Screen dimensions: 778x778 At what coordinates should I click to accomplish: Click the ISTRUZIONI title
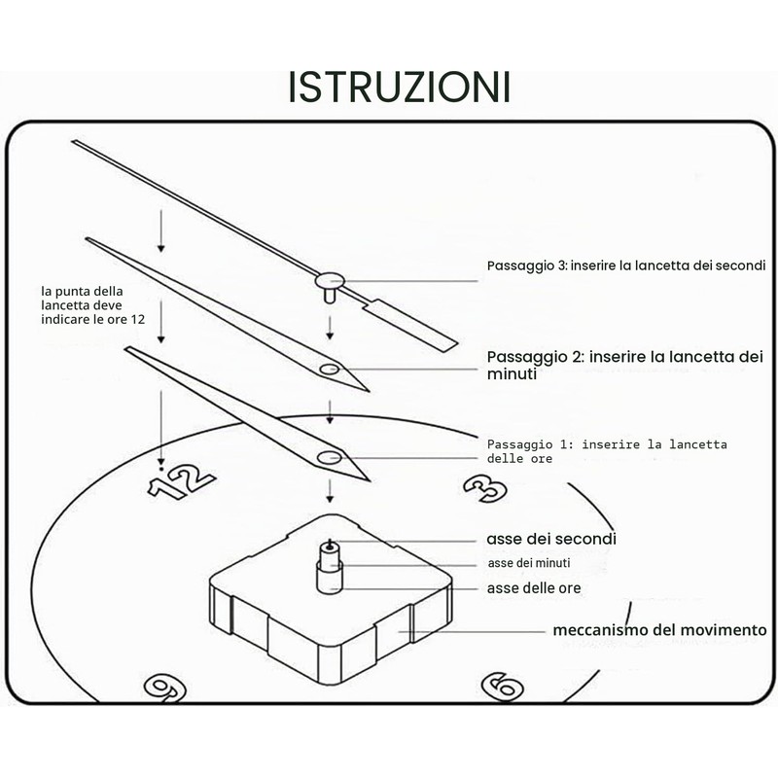(399, 88)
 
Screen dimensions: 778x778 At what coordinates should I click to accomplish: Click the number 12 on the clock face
(182, 481)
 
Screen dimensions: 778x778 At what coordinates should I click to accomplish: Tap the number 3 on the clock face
(485, 488)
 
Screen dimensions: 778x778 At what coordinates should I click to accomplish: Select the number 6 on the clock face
(502, 687)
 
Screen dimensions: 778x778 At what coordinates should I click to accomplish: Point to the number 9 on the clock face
(164, 689)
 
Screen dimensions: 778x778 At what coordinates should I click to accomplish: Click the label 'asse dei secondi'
(551, 539)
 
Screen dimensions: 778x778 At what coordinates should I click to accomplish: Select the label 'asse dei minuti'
(529, 563)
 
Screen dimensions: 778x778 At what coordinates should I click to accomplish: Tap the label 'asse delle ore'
(534, 588)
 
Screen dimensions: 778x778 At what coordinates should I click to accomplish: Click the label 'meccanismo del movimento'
(660, 630)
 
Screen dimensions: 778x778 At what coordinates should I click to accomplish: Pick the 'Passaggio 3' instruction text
(626, 265)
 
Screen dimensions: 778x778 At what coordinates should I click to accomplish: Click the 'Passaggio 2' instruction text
(625, 365)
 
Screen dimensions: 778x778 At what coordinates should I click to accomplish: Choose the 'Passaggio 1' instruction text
(607, 451)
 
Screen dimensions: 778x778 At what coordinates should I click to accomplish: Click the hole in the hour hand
(329, 457)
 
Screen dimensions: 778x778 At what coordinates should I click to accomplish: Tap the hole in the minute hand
(329, 370)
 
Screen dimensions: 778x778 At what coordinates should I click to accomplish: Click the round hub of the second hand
(330, 281)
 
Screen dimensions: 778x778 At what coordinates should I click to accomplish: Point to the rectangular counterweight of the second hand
(409, 326)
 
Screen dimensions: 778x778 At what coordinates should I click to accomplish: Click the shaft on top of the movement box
(330, 567)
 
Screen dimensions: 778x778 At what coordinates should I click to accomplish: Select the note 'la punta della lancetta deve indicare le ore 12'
(92, 305)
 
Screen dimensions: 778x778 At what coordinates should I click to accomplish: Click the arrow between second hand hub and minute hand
(330, 328)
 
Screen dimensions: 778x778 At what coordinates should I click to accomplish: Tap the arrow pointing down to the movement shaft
(330, 491)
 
